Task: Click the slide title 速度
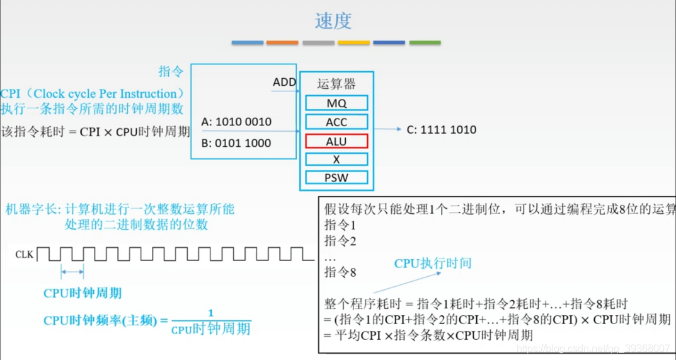pyautogui.click(x=333, y=21)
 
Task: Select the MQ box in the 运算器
pyautogui.click(x=336, y=103)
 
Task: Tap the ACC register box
pyautogui.click(x=336, y=122)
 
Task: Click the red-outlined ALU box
pyautogui.click(x=336, y=141)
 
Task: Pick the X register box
pyautogui.click(x=336, y=160)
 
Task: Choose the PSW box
pyautogui.click(x=336, y=178)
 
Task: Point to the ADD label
pyautogui.click(x=284, y=83)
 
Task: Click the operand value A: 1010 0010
pyautogui.click(x=236, y=122)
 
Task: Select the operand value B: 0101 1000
pyautogui.click(x=236, y=143)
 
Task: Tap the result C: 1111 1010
pyautogui.click(x=441, y=130)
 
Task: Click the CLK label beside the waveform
pyautogui.click(x=24, y=255)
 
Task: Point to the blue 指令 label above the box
pyautogui.click(x=171, y=71)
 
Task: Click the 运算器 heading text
pyautogui.click(x=336, y=84)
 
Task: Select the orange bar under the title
pyautogui.click(x=282, y=43)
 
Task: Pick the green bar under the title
pyautogui.click(x=425, y=43)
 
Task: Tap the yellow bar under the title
pyautogui.click(x=353, y=43)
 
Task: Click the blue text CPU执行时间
pyautogui.click(x=432, y=264)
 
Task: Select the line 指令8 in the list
pyautogui.click(x=340, y=272)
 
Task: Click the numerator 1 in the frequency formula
pyautogui.click(x=210, y=313)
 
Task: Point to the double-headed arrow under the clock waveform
pyautogui.click(x=72, y=272)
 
